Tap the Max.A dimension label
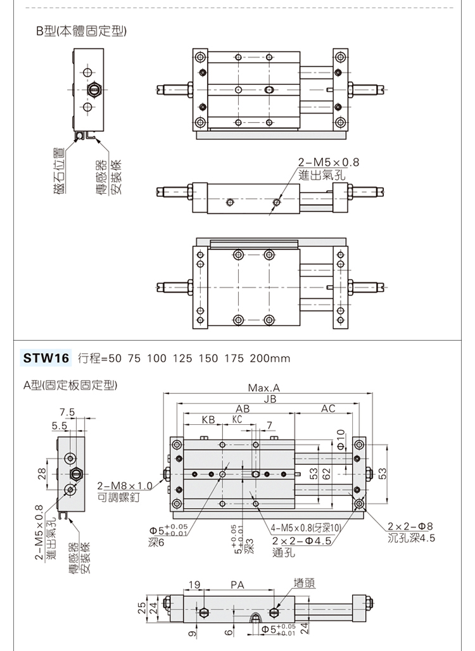(263, 388)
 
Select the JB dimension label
(270, 399)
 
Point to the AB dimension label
(243, 409)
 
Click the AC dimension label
(327, 409)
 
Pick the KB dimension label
(208, 420)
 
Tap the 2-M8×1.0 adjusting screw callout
(125, 486)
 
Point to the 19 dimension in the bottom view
(194, 585)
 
